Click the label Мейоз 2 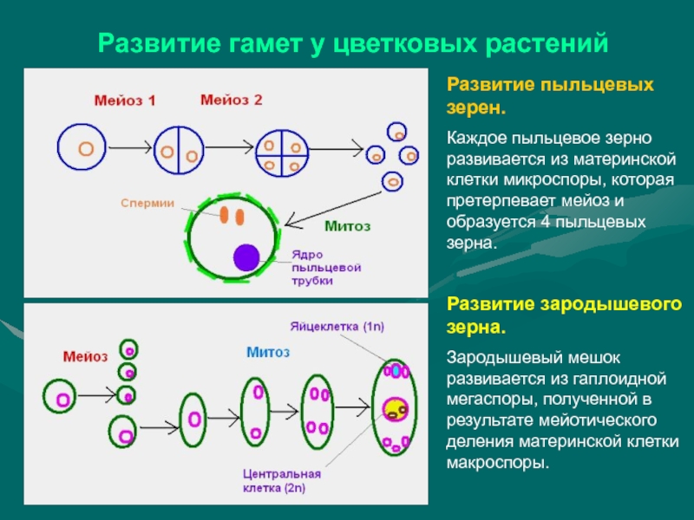coord(232,100)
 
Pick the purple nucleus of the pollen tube coord(246,257)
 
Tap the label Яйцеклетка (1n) coord(343,325)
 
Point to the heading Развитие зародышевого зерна coord(564,317)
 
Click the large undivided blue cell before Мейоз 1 coord(85,148)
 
